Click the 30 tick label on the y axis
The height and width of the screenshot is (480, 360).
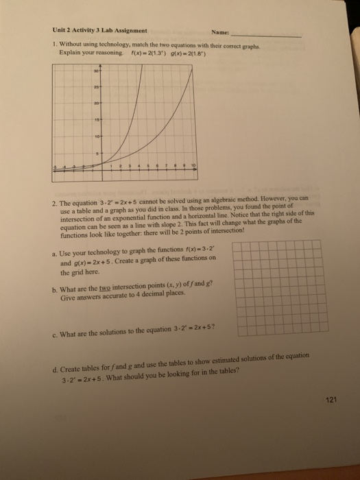click(x=97, y=70)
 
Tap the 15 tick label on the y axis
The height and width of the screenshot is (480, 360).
click(x=97, y=117)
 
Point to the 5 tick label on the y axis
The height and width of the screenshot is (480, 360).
click(x=99, y=151)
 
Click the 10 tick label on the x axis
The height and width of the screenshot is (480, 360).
click(x=193, y=167)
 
